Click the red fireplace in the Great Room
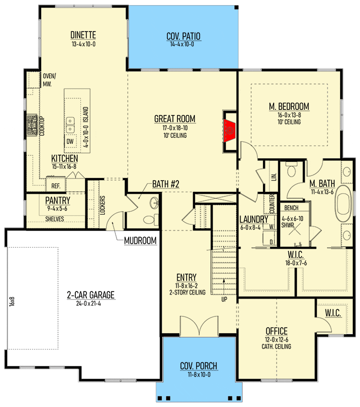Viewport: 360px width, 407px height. click(x=229, y=131)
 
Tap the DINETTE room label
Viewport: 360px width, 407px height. click(x=83, y=35)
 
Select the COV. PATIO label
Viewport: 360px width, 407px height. click(x=184, y=36)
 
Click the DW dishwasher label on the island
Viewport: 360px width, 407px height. click(x=70, y=141)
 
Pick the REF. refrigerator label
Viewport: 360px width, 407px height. click(x=56, y=186)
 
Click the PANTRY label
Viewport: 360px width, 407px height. click(x=57, y=200)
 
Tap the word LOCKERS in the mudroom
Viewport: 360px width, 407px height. click(x=103, y=205)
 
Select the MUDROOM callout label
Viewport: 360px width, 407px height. click(x=140, y=241)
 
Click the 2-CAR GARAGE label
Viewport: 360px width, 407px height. click(x=91, y=295)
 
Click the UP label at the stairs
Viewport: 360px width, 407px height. click(x=224, y=299)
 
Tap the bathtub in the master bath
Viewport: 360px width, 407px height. click(x=343, y=203)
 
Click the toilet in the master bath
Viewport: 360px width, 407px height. click(x=292, y=169)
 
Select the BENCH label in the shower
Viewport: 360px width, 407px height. click(x=291, y=208)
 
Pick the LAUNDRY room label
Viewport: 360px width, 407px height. click(x=254, y=219)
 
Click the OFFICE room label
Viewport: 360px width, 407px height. click(x=277, y=331)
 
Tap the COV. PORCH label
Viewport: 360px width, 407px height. click(x=198, y=366)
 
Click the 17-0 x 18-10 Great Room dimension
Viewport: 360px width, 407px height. click(x=175, y=128)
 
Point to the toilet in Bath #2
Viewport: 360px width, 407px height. click(x=151, y=220)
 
